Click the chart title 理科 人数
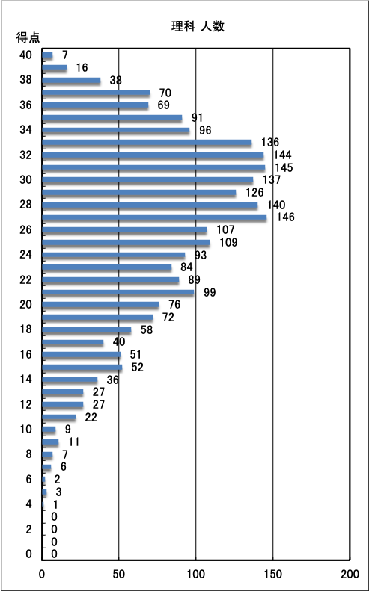point(198,27)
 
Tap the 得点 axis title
point(28,37)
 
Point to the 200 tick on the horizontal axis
point(350,574)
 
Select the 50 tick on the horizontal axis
point(119,574)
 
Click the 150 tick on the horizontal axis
point(272,574)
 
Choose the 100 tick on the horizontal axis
point(195,574)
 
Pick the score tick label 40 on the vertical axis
point(25,55)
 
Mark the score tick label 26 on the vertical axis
point(25,230)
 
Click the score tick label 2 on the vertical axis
point(28,530)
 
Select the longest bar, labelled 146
point(154,217)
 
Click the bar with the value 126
point(139,193)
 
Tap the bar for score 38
point(71,80)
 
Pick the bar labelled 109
point(126,242)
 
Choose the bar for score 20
point(100,305)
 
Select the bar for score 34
point(116,130)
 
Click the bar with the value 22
point(59,417)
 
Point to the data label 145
point(284,167)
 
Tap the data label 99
point(210,292)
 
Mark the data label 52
point(138,367)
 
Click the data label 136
point(270,143)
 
